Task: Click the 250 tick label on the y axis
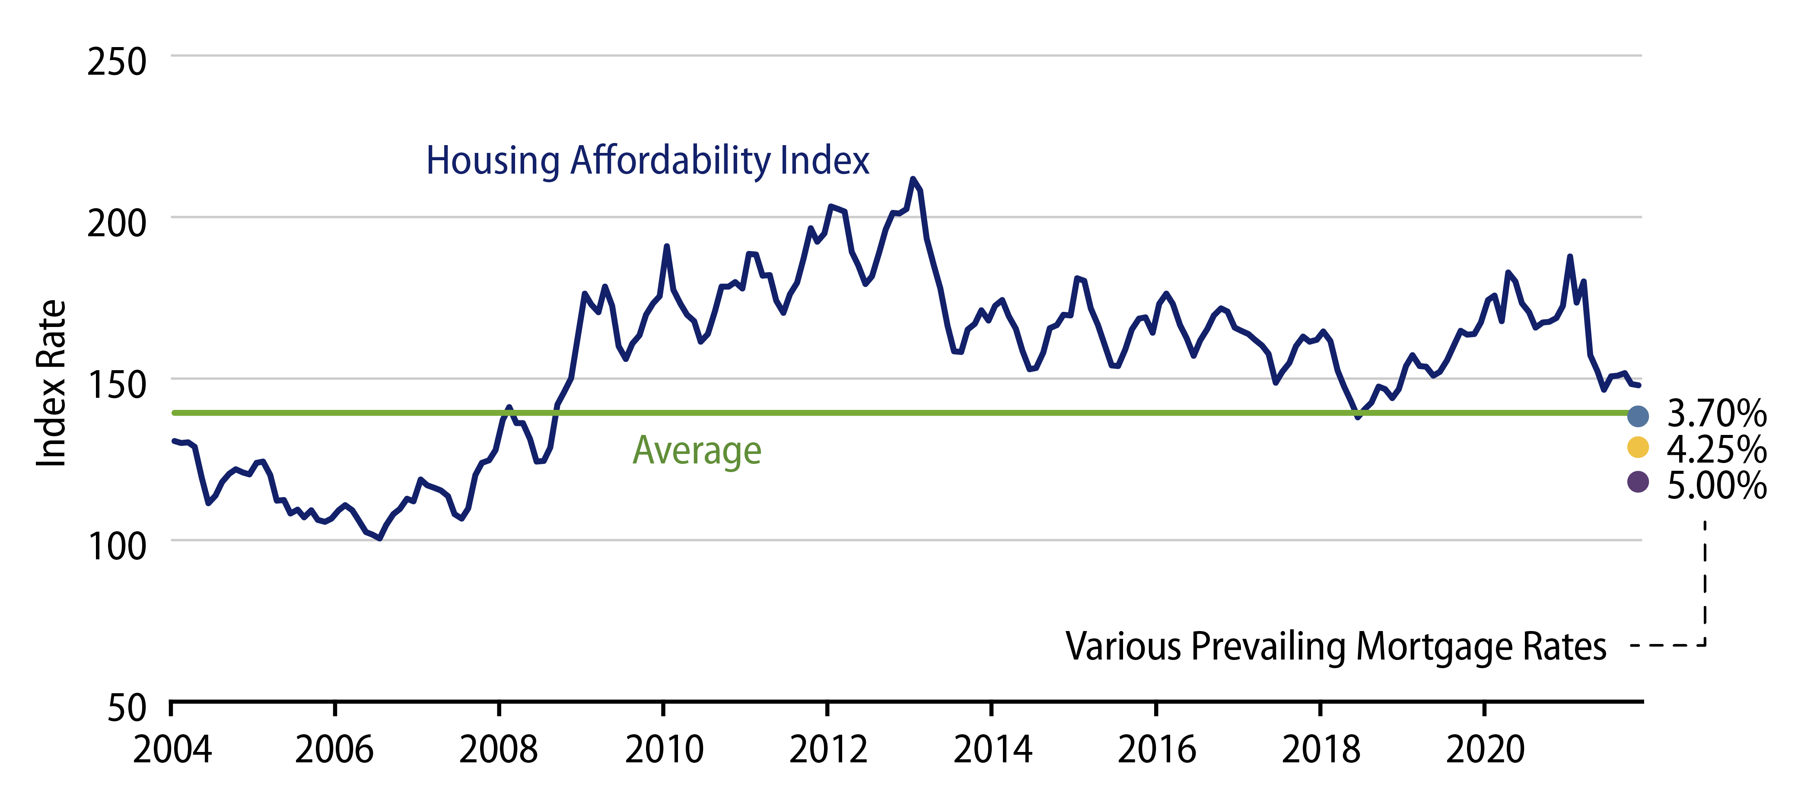pos(116,62)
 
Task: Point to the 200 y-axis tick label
pos(116,224)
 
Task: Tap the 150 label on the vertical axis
pos(116,385)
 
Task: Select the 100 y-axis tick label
pos(116,546)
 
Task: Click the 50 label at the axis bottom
pos(127,708)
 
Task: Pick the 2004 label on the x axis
pos(172,750)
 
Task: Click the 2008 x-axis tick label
pos(499,750)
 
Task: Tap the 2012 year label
pos(828,750)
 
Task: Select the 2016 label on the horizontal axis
pos(1156,750)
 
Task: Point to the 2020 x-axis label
pos(1485,750)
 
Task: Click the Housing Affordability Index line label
pos(647,161)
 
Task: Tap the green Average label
pos(697,450)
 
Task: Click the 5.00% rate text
pos(1716,485)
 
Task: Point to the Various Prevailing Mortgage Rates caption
pos(1335,646)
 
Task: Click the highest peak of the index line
pos(913,179)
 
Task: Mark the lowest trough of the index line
pos(379,539)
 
